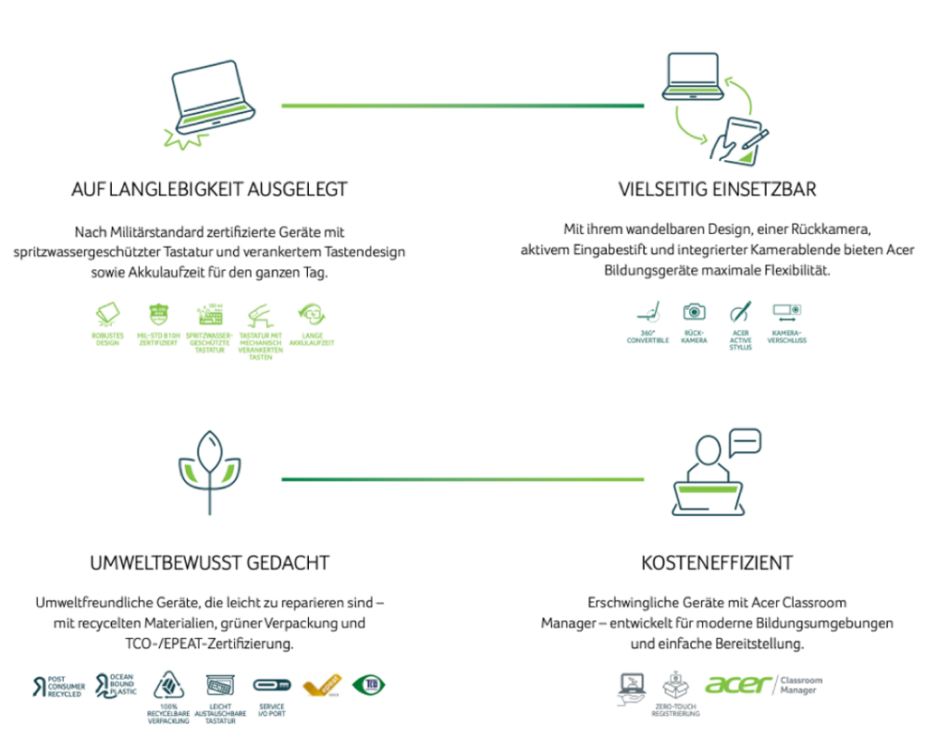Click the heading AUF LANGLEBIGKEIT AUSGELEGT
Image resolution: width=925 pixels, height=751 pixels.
pyautogui.click(x=209, y=190)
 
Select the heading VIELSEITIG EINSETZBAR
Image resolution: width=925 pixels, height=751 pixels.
pyautogui.click(x=717, y=190)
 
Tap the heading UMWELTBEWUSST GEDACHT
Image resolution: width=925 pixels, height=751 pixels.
pyautogui.click(x=210, y=563)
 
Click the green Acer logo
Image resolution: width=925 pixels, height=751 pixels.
pyautogui.click(x=738, y=684)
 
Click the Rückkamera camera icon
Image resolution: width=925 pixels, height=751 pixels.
pyautogui.click(x=694, y=312)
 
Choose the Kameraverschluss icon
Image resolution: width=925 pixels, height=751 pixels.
pyautogui.click(x=787, y=312)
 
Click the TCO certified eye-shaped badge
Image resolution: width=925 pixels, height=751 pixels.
pyautogui.click(x=369, y=684)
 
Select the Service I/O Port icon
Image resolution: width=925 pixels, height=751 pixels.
pyautogui.click(x=271, y=685)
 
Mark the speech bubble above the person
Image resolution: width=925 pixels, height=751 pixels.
pyautogui.click(x=744, y=442)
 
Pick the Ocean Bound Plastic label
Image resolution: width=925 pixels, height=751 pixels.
pyautogui.click(x=117, y=684)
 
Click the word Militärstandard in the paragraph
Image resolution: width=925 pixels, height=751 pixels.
pyautogui.click(x=156, y=232)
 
